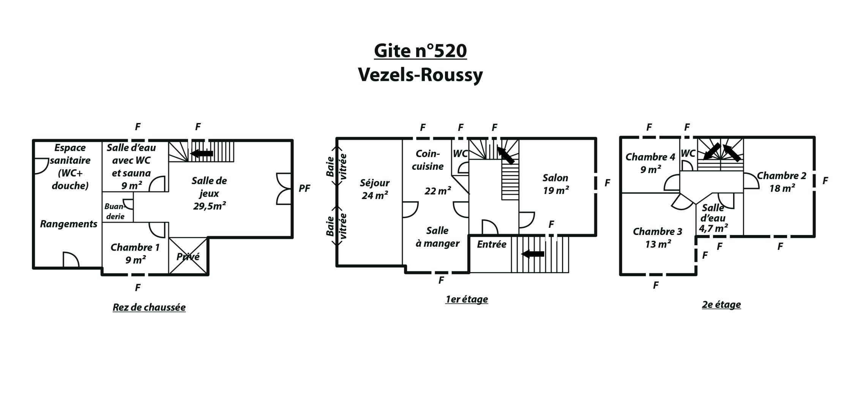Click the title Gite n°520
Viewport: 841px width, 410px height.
[420, 50]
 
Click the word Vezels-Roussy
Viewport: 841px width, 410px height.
[420, 75]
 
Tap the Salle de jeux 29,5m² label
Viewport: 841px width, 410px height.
[209, 193]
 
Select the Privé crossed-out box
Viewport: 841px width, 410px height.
[188, 256]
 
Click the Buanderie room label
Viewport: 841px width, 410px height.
[115, 211]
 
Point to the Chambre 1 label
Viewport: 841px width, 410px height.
[135, 253]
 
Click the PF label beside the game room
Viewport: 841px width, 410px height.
[305, 188]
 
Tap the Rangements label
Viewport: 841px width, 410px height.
[69, 224]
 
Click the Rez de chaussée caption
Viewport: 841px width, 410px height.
[149, 307]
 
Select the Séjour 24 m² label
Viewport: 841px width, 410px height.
[375, 189]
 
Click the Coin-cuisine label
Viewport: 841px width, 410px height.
[428, 160]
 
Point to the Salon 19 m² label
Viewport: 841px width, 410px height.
[555, 184]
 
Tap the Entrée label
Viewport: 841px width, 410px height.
[492, 244]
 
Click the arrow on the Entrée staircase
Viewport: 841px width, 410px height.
[533, 254]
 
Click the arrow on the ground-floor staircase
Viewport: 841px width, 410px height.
[202, 153]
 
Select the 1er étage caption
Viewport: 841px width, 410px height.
[467, 300]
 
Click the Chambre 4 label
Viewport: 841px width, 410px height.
[650, 163]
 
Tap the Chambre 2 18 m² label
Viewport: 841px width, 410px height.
[782, 182]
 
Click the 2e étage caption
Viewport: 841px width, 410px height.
[721, 305]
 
